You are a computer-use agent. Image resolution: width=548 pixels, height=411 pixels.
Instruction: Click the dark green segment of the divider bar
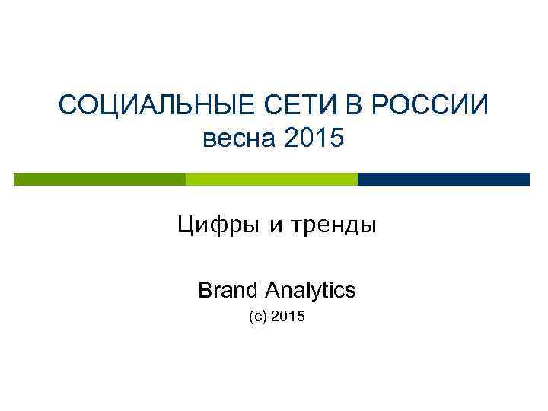tap(100, 179)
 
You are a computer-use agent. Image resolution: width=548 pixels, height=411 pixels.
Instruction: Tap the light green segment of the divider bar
tap(272, 179)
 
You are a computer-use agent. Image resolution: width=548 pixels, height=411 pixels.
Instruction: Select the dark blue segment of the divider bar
tap(443, 179)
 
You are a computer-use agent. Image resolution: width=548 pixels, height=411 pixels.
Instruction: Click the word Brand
tap(226, 290)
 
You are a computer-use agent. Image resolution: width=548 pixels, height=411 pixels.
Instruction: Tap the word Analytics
tap(311, 290)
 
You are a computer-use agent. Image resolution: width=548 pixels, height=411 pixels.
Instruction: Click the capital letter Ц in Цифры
tap(185, 226)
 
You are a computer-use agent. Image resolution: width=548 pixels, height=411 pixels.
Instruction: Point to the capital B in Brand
tap(204, 290)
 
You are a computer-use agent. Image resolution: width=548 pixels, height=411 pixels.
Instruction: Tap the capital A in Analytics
tap(273, 290)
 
